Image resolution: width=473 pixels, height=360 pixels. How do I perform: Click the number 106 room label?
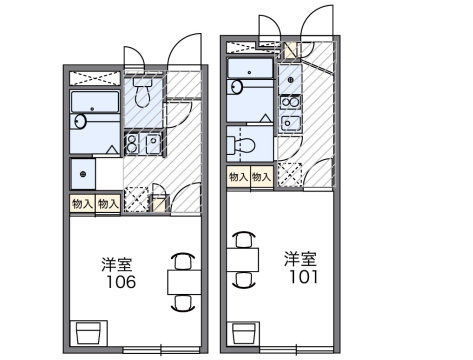[x=119, y=282]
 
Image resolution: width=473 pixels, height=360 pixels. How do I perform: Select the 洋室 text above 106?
[x=116, y=264]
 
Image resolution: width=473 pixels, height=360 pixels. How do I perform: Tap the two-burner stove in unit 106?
[x=131, y=142]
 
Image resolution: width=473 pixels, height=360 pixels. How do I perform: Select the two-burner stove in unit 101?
[x=291, y=101]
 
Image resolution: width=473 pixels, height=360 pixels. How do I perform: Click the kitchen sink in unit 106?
[x=150, y=143]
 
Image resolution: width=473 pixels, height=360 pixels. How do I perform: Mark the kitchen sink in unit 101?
[x=291, y=122]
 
